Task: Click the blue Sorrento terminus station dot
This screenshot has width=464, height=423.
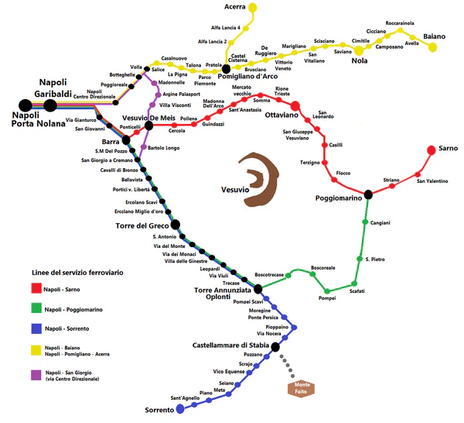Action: [180, 408]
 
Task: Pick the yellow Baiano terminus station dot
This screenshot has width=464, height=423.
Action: [432, 48]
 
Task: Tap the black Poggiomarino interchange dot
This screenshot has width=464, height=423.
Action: [369, 194]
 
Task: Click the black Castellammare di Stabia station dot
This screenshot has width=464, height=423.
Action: [276, 346]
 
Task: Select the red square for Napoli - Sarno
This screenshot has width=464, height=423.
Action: [36, 289]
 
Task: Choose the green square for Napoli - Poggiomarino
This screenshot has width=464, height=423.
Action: [36, 309]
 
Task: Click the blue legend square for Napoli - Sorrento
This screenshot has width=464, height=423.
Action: [36, 329]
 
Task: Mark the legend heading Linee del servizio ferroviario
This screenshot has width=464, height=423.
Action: [77, 273]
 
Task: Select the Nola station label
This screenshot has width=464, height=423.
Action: [360, 60]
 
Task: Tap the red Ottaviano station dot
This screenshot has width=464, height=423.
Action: [295, 105]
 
